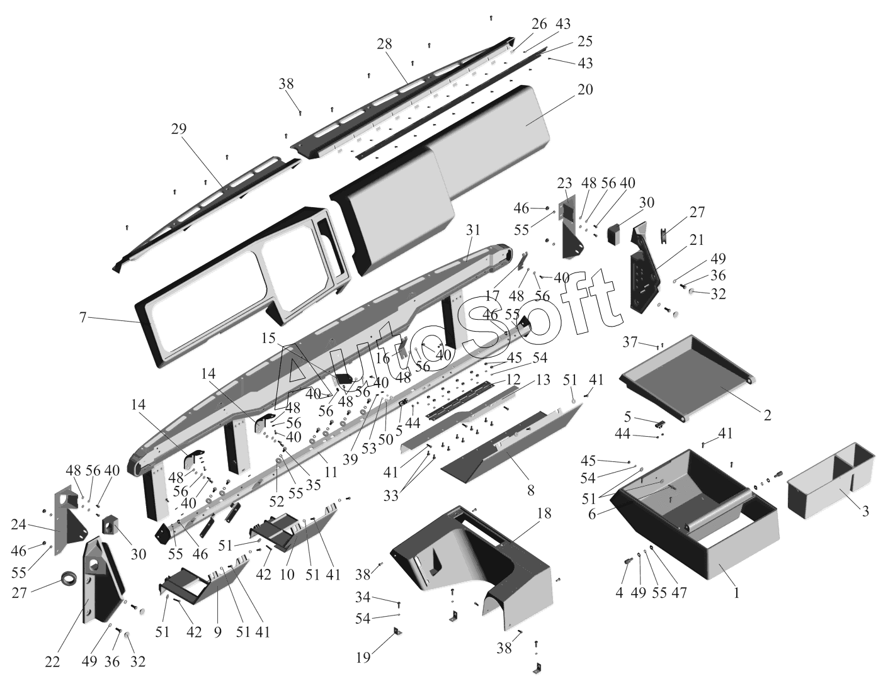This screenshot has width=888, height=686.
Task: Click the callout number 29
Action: [x=179, y=128]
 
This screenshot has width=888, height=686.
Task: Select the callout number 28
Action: [x=384, y=43]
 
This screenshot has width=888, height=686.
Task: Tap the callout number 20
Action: [x=585, y=89]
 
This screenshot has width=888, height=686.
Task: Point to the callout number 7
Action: [x=83, y=317]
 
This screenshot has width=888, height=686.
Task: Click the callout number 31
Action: [x=472, y=230]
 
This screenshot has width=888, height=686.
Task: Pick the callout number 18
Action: [x=544, y=514]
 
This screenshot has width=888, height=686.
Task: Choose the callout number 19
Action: [x=363, y=658]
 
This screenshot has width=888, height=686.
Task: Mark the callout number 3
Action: [x=865, y=511]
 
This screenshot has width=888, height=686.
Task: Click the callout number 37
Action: [x=630, y=342]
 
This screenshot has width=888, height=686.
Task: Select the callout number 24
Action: [x=18, y=524]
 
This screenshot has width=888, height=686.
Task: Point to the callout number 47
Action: [x=679, y=593]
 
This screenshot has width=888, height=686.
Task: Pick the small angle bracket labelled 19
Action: [x=397, y=633]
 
